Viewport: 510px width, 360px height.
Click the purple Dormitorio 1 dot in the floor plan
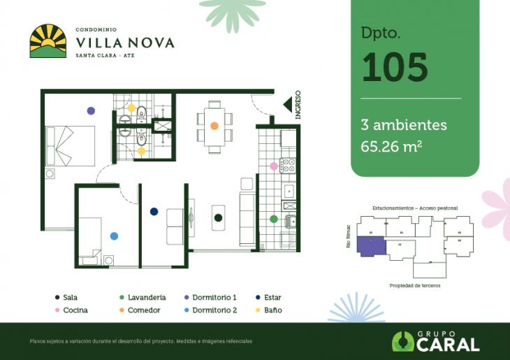[91, 110]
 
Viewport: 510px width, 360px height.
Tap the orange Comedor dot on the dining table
[214, 126]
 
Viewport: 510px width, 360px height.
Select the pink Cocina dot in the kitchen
[274, 166]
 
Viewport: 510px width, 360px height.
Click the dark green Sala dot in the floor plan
[219, 218]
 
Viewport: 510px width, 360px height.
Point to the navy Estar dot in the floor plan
[154, 212]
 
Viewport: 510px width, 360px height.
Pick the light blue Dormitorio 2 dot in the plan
[114, 236]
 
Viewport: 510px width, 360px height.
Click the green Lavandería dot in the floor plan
[274, 219]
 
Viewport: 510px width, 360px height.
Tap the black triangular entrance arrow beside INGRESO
[287, 104]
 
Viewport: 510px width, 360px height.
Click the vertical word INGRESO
[298, 105]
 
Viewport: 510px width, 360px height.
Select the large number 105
[395, 67]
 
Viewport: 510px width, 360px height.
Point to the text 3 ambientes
[404, 125]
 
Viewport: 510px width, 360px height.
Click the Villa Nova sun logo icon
[48, 41]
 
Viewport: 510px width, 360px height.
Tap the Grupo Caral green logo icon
[403, 341]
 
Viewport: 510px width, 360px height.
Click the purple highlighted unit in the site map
[370, 246]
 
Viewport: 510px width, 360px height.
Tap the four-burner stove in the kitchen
[287, 166]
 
